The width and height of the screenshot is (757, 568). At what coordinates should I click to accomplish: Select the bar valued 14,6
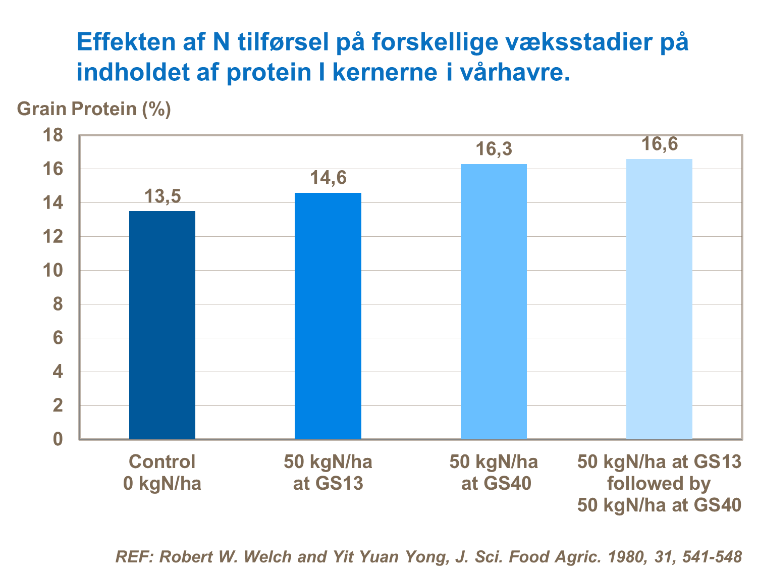328,316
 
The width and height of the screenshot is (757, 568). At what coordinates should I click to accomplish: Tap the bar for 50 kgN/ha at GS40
494,301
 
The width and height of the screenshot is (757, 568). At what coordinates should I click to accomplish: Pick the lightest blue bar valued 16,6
659,299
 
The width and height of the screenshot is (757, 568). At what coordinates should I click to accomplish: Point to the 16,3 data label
494,149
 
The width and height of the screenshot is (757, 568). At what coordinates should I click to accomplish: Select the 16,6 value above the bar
659,144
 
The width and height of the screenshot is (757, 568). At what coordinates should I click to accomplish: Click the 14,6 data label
328,178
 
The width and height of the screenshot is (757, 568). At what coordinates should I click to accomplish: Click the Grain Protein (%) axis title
94,109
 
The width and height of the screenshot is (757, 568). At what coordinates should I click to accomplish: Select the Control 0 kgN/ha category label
162,473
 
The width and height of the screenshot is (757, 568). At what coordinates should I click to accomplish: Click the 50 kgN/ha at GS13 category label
328,473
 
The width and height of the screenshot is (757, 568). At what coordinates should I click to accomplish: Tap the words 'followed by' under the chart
659,484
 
